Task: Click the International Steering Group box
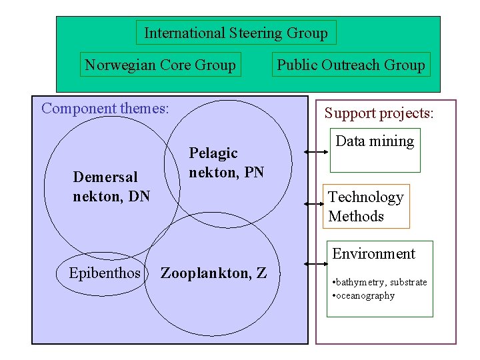point(236,33)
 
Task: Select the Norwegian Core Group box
point(160,65)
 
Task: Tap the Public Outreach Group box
point(351,65)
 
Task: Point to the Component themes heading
point(105,108)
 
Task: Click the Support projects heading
point(379,113)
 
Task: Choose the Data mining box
point(375,141)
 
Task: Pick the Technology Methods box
point(365,207)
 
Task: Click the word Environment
point(373,254)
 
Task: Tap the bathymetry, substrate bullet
point(379,282)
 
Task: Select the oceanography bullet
point(363,295)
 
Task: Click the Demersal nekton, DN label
point(111,186)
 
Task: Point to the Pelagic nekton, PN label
point(226,163)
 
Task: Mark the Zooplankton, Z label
point(213,273)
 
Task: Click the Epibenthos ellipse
point(105,273)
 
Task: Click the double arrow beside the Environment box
point(315,271)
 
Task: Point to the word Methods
point(356,217)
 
